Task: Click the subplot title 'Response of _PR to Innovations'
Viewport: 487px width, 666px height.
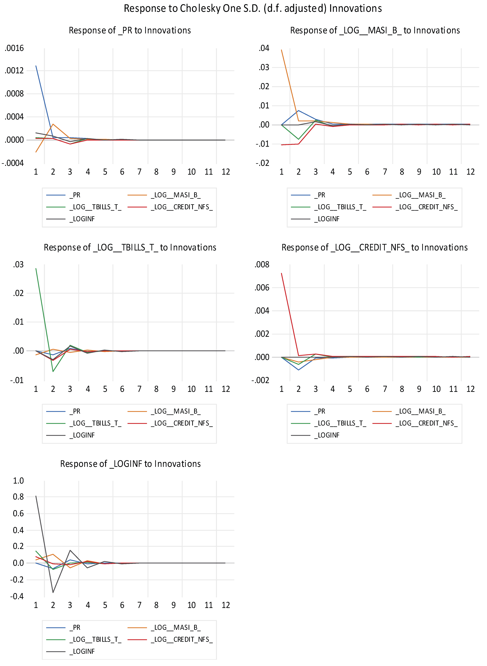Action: tap(130, 30)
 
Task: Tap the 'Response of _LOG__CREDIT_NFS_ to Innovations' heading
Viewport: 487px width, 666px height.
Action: tap(374, 247)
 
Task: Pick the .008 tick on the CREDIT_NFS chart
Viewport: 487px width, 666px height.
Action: tap(262, 265)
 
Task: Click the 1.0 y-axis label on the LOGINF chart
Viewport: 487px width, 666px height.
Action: tap(18, 481)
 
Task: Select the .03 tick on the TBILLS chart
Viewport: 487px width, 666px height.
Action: tap(18, 265)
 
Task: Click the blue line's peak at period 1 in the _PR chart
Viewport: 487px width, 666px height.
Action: tap(36, 66)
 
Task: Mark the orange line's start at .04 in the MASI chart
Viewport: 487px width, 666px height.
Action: tap(281, 50)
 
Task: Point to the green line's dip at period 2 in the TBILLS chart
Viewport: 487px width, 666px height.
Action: tap(53, 371)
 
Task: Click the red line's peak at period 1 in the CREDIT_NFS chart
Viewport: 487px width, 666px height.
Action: tap(281, 273)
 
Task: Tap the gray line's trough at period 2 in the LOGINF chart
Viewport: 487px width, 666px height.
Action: tap(53, 592)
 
